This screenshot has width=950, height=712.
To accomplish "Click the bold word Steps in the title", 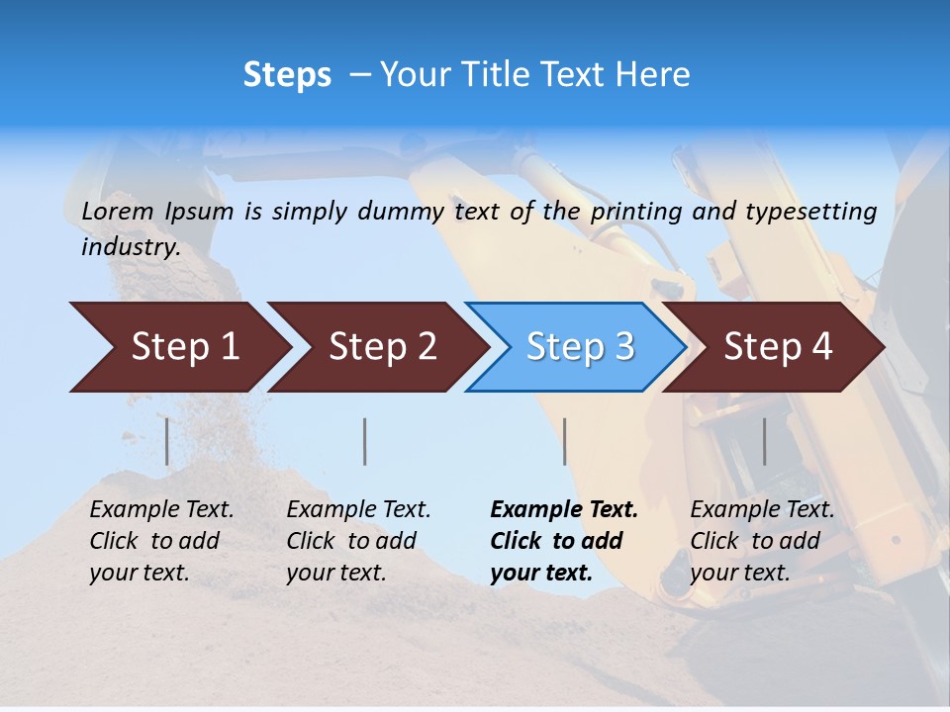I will tap(287, 75).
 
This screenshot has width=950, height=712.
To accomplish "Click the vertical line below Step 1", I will tap(167, 441).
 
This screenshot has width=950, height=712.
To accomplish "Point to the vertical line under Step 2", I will tap(365, 441).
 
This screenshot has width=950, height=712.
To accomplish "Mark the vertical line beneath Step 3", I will tap(564, 441).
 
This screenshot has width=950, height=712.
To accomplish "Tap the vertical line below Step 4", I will tap(765, 441).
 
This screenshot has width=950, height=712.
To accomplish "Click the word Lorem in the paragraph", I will tap(118, 212).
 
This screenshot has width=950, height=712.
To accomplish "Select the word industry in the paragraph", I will tap(130, 247).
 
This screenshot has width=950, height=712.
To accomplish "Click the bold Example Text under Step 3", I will tap(564, 510).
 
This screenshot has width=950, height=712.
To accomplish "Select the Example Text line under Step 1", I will tap(161, 510).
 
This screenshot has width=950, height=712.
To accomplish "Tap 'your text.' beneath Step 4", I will tap(740, 574).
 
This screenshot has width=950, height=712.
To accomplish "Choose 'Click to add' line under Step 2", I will tap(351, 542).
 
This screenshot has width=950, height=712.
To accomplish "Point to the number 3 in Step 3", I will tap(623, 347).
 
